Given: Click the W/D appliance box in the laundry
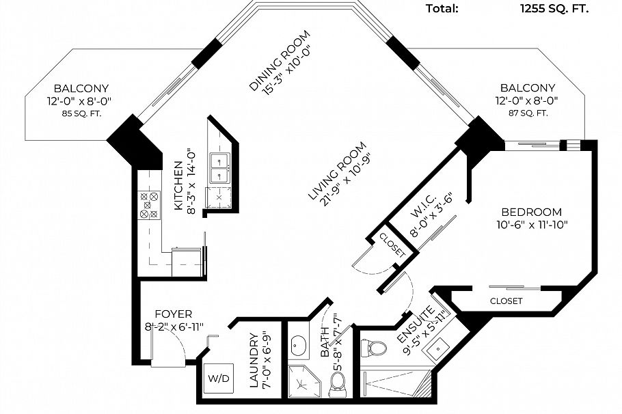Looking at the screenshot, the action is point(219,378).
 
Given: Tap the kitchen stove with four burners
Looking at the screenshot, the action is point(149,205).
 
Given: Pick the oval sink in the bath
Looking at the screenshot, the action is point(298,346).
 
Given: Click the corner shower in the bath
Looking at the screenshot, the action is point(303,381).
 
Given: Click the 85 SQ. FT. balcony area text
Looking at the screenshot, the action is point(81,113).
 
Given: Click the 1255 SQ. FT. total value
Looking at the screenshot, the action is point(554,9).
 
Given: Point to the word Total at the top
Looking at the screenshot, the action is point(442,8).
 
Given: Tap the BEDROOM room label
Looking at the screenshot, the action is point(532,212).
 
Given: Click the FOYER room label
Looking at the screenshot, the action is point(174,314).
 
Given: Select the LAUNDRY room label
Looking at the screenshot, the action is point(254,361).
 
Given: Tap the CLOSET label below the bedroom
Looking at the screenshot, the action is point(506,301).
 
